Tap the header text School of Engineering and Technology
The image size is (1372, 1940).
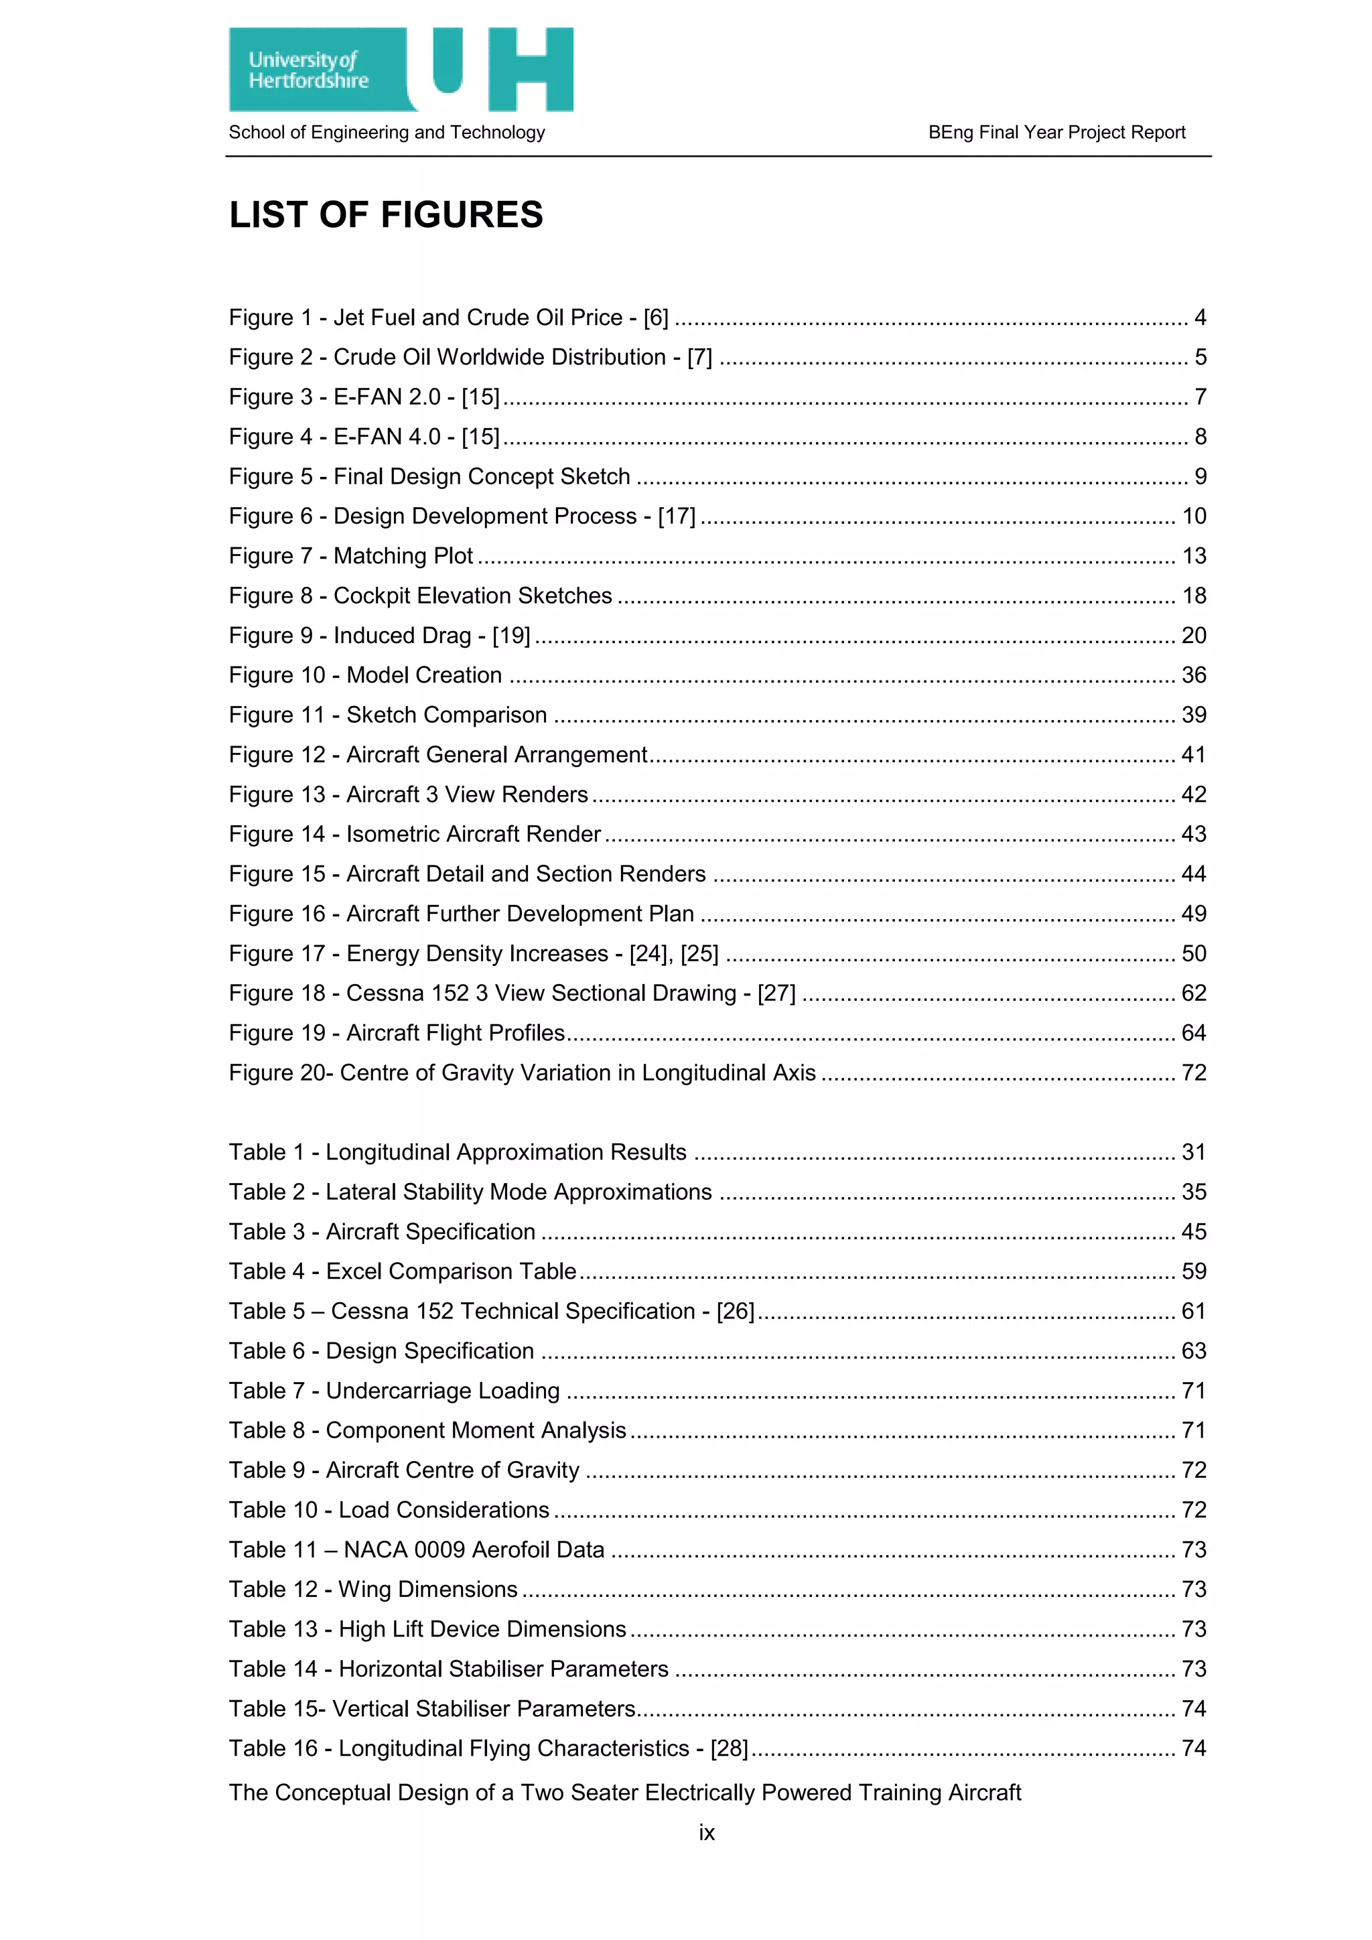coord(387,133)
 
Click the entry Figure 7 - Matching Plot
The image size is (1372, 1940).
coord(352,556)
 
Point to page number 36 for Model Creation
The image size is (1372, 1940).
coord(1193,675)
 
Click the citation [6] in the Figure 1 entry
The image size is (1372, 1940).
coord(656,318)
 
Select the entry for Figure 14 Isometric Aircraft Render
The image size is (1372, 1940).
coord(415,834)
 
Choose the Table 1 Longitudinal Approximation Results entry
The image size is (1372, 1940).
coord(457,1152)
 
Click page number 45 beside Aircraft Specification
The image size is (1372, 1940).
coord(1193,1232)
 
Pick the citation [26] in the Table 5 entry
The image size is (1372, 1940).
coord(735,1312)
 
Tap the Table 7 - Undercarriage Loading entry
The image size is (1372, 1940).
coord(395,1391)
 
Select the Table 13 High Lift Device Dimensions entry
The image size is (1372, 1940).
coord(427,1629)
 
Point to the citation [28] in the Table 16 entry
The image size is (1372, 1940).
coord(729,1748)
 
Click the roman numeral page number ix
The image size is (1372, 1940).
coord(706,1833)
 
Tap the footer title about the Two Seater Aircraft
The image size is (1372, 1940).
coord(625,1792)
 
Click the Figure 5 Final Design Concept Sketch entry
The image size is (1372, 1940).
coord(430,476)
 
